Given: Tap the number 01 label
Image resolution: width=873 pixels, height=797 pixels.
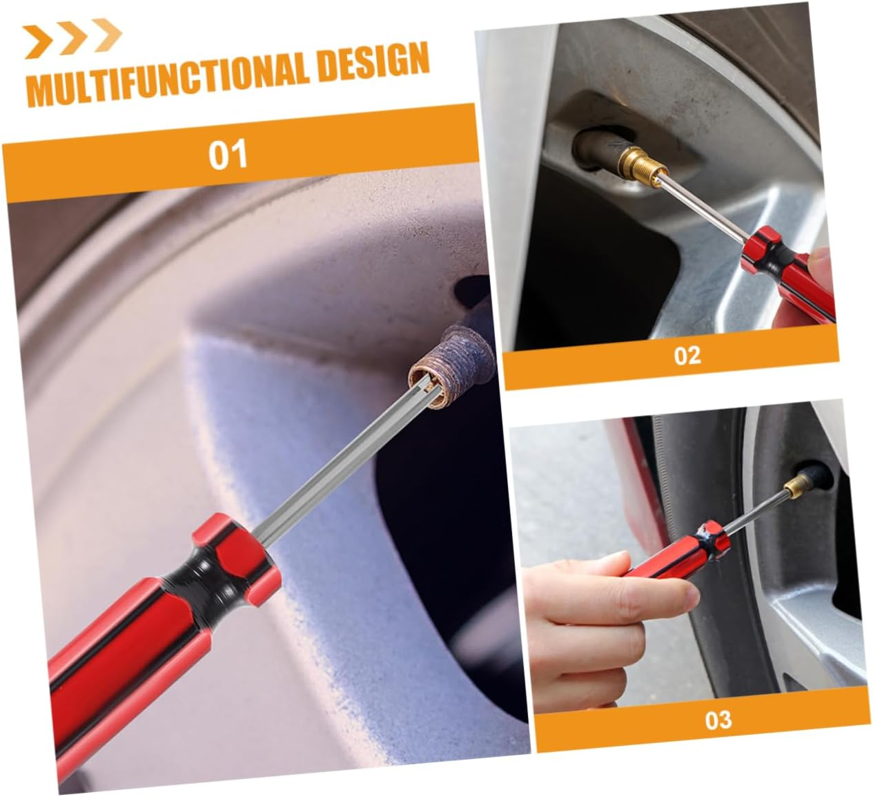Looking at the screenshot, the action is pyautogui.click(x=227, y=154).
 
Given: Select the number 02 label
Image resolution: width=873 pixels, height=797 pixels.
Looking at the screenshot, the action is pyautogui.click(x=687, y=356).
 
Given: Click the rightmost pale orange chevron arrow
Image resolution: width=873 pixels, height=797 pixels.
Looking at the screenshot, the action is pyautogui.click(x=107, y=35).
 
